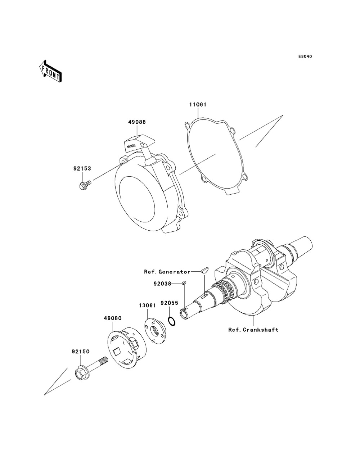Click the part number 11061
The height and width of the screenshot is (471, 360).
click(198, 105)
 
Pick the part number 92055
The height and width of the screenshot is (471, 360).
click(169, 303)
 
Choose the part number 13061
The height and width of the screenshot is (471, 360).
click(147, 305)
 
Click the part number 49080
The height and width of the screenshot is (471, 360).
click(112, 318)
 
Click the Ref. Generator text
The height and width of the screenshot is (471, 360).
click(167, 272)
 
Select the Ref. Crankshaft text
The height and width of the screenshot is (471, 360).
click(253, 329)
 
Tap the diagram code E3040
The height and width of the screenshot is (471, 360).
click(305, 57)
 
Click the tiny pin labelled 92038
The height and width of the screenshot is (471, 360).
click(183, 283)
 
